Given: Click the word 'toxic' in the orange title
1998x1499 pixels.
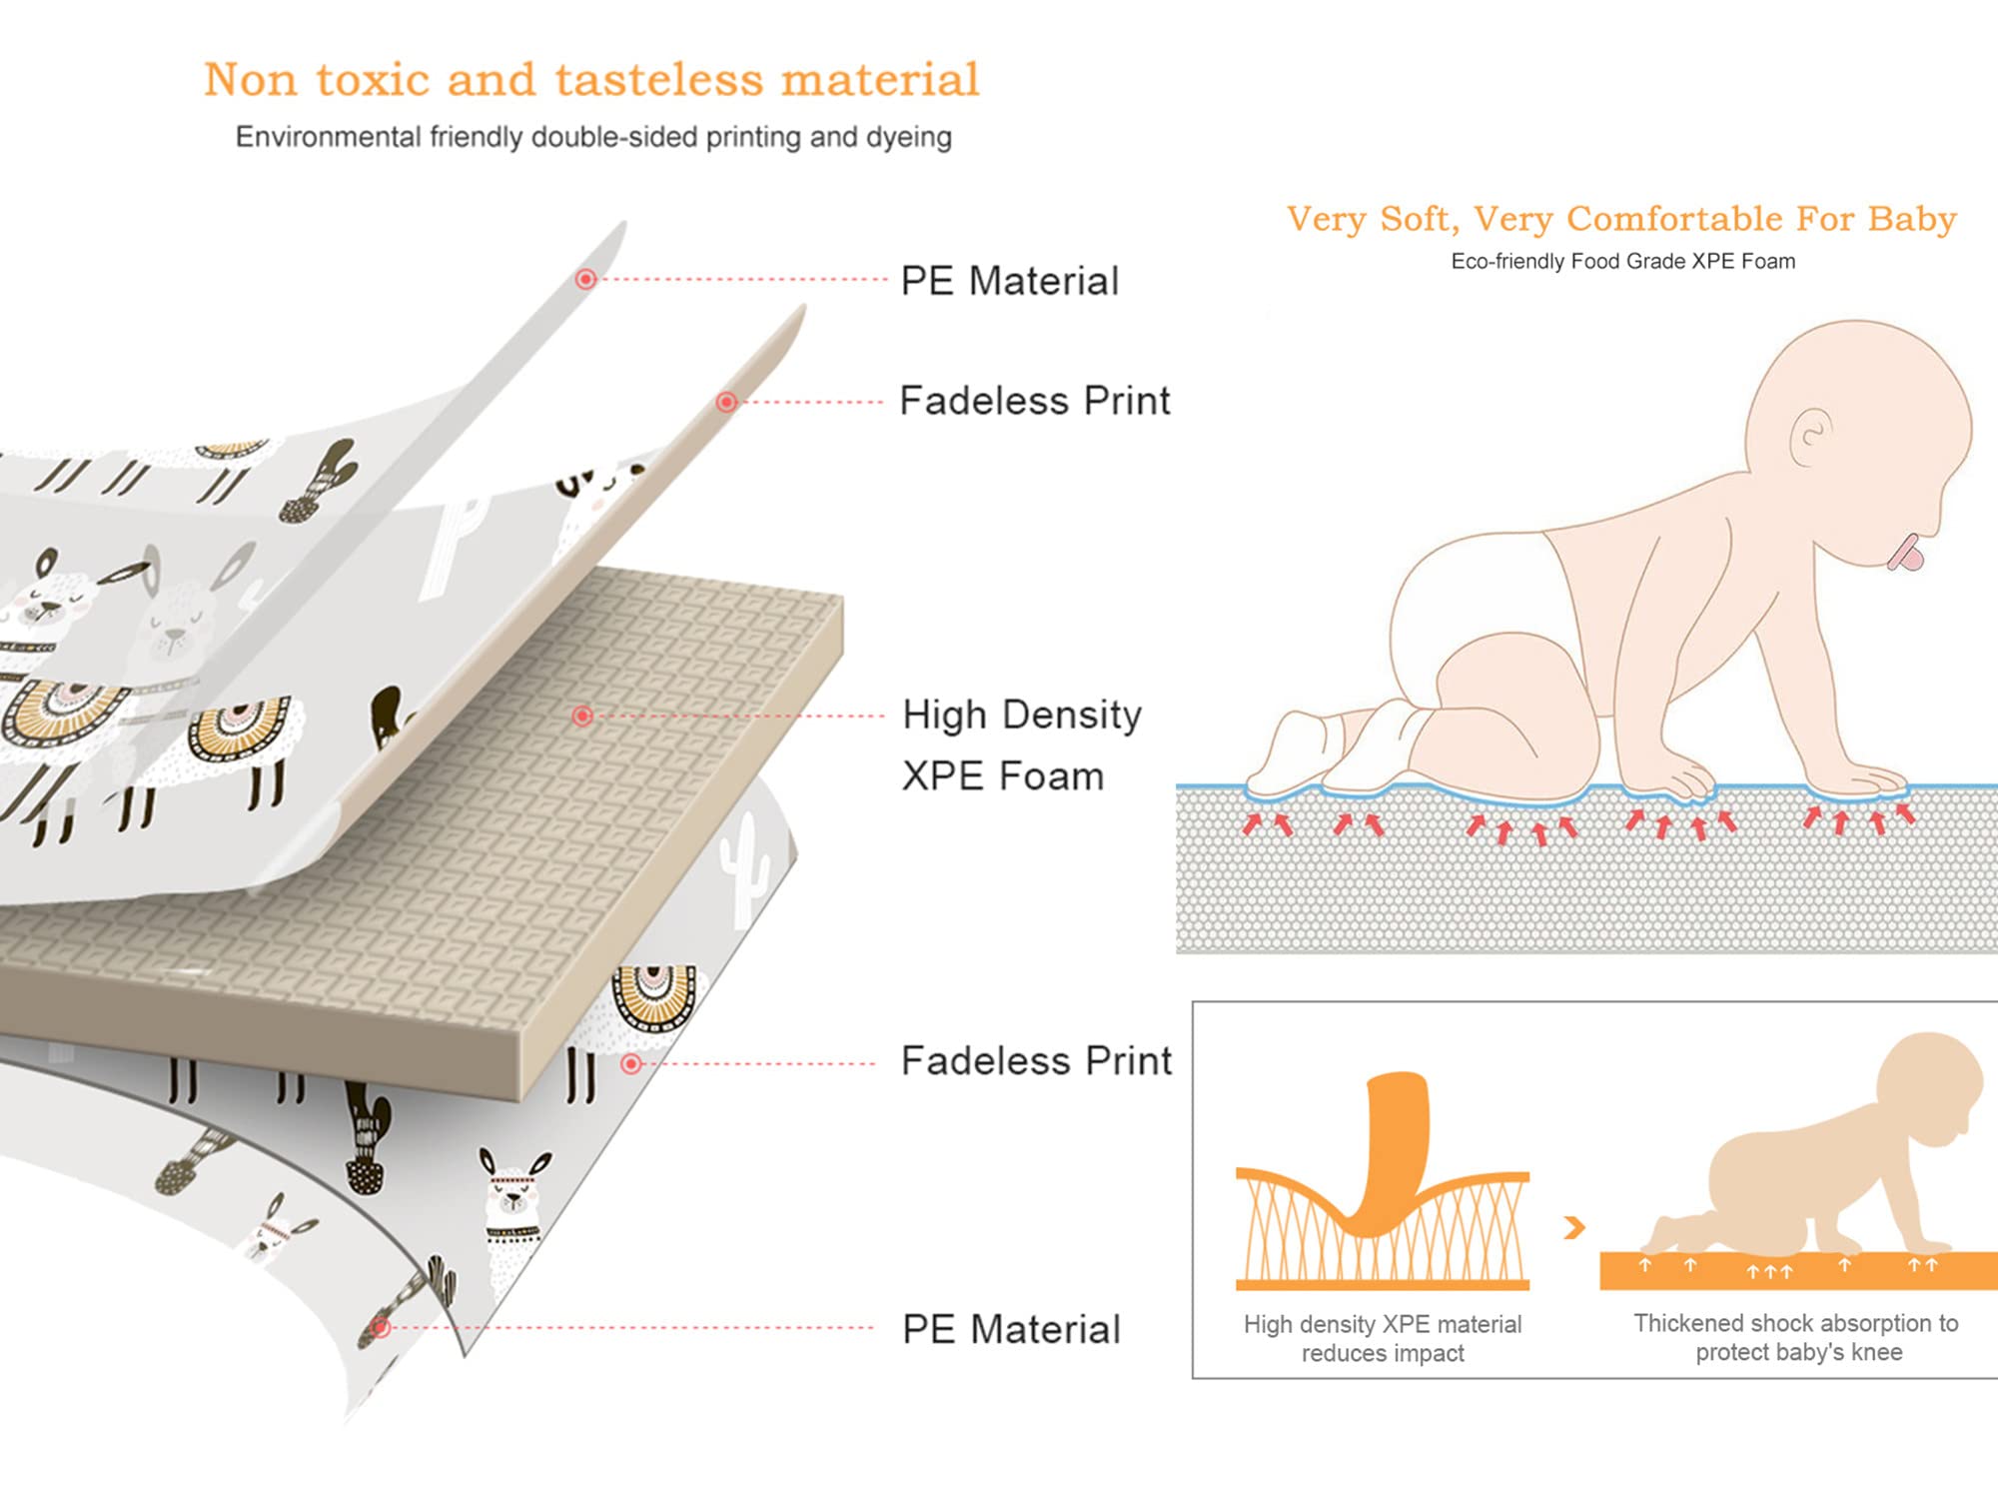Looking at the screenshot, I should click(373, 80).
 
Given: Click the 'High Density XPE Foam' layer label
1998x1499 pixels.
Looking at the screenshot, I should click(1021, 746).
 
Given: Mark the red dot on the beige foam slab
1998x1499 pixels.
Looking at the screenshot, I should click(582, 716).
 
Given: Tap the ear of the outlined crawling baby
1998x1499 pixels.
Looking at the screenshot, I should click(1810, 437).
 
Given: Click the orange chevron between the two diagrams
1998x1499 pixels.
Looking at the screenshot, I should click(1573, 1227).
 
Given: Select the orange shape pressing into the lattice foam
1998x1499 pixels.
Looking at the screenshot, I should click(1394, 1149).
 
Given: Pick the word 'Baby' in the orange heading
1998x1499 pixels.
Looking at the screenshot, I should click(1912, 219).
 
